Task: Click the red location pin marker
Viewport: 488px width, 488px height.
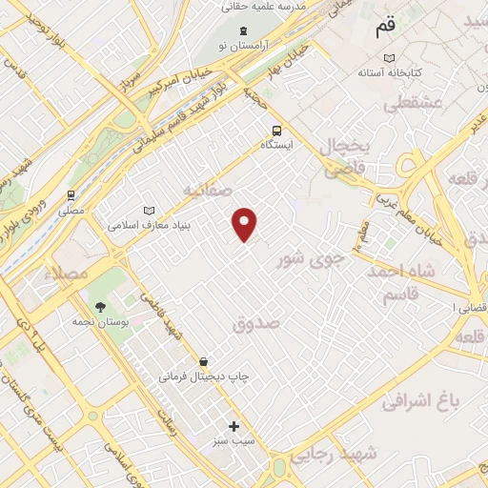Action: click(x=245, y=223)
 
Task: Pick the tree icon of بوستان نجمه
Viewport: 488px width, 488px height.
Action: click(x=100, y=307)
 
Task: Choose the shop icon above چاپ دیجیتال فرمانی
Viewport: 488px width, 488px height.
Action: click(x=203, y=361)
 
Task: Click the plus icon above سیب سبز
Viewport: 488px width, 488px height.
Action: click(x=234, y=426)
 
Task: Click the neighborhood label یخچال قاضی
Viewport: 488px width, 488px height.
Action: click(x=347, y=158)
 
